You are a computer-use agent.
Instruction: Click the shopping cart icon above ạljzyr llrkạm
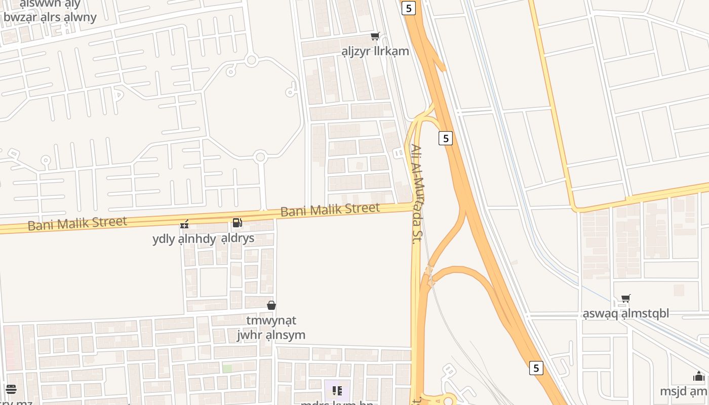375,36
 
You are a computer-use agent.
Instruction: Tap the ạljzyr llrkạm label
375,51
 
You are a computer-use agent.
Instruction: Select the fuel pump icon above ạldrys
237,223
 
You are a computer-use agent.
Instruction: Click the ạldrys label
238,238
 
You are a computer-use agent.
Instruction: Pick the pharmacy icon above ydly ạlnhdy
185,224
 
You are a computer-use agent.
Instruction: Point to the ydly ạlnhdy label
184,239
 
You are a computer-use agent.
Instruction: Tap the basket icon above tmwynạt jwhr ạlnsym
271,305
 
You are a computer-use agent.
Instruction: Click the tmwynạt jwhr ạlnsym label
271,328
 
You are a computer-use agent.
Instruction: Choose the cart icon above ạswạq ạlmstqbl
626,299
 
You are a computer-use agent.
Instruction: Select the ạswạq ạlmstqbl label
626,313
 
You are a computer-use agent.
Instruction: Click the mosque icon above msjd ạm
699,377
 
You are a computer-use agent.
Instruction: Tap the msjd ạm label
684,391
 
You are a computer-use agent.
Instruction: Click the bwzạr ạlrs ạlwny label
50,17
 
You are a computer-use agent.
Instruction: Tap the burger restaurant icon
11,389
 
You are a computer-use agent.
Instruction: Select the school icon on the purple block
337,390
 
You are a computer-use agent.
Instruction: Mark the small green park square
227,369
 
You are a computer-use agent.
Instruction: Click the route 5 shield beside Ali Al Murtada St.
445,138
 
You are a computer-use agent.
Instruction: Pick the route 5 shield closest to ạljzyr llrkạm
409,8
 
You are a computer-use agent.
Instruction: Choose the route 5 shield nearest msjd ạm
536,368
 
